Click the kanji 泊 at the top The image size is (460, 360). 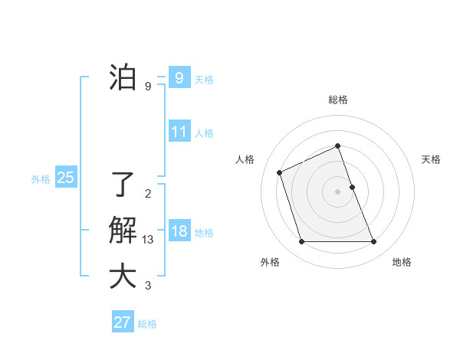coord(123,78)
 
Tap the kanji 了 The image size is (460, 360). coord(123,185)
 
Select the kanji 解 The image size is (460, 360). coord(123,231)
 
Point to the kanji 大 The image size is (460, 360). coord(123,277)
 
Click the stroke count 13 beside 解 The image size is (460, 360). coord(148,240)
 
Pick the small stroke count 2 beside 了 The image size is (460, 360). coord(148,193)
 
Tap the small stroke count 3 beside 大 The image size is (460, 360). coord(148,286)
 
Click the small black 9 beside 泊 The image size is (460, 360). coord(148,87)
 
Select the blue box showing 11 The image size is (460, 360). coord(179,132)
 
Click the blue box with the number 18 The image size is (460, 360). coord(179,231)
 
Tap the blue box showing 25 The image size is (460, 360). coord(66,178)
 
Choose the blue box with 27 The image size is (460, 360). coord(123,322)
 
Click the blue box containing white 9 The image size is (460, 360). coord(179,78)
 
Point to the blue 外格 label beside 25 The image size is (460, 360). coord(41,179)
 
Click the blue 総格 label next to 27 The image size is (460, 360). coord(147,324)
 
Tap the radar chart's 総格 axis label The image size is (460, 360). coord(338,100)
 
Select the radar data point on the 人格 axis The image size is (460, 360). coord(280,172)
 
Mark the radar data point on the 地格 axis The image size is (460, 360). coord(374,242)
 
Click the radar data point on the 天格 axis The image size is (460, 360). coord(352,187)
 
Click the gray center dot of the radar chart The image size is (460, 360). coord(338,191)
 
